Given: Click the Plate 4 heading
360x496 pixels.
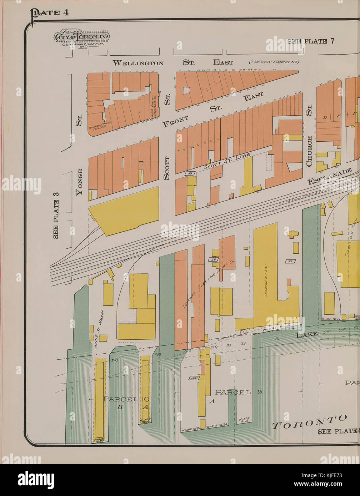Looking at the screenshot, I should click(50, 13).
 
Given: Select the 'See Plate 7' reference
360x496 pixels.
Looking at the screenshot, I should click(311, 41).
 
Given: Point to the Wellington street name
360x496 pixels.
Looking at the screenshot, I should click(138, 63).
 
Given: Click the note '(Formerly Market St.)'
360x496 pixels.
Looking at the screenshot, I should click(274, 62).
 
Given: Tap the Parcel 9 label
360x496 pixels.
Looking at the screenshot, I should click(239, 392).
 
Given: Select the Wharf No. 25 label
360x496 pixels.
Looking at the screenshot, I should click(244, 420).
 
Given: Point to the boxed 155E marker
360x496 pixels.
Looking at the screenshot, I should click(194, 378).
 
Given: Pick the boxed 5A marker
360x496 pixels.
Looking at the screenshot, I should click(290, 261).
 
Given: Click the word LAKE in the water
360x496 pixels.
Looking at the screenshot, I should click(306, 334).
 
